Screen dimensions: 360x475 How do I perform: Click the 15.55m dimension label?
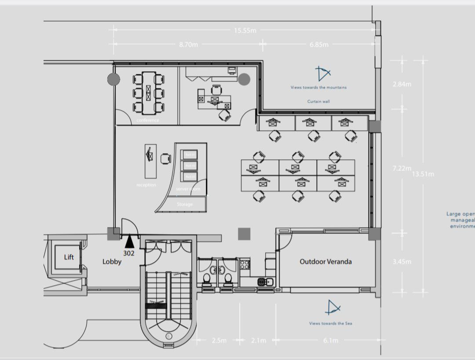245,30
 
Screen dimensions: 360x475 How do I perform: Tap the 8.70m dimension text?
188,44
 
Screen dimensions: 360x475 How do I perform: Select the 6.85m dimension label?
319,44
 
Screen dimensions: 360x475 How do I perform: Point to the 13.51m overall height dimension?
423,174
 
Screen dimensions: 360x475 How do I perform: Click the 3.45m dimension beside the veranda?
402,262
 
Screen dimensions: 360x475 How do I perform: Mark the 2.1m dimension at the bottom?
258,341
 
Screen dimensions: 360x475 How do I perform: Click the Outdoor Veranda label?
325,261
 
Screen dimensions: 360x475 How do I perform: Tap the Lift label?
69,257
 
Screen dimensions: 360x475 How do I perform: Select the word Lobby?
112,261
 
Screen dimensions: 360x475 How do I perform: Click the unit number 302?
129,253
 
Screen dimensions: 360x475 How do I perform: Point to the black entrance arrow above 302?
129,242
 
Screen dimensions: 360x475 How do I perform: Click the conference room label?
148,120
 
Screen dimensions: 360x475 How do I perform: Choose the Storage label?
185,205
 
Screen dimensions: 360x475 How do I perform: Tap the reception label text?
146,185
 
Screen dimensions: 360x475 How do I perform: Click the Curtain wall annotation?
318,101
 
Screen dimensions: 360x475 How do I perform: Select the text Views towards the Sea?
330,323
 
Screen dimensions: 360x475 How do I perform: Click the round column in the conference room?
113,79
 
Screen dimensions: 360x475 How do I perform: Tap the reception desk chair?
165,158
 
